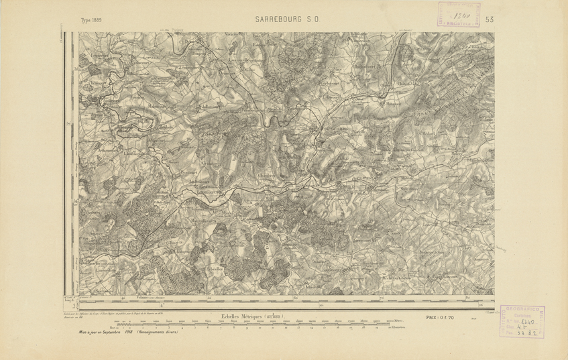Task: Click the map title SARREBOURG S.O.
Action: pos(288,20)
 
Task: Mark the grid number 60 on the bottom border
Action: pos(296,296)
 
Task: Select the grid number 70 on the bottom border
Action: pos(382,296)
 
